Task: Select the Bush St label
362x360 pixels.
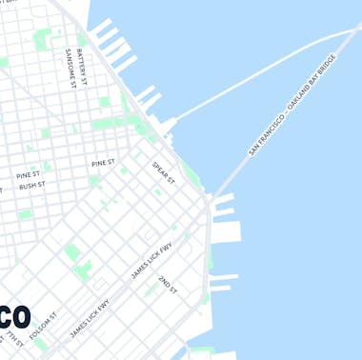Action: pos(32,187)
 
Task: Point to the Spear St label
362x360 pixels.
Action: pos(163,173)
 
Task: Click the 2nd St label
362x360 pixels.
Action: pos(168,283)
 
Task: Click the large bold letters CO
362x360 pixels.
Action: pos(15,317)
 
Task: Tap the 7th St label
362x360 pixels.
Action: pos(12,341)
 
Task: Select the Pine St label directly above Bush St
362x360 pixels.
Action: pos(29,175)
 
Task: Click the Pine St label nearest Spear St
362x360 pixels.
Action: pos(104,164)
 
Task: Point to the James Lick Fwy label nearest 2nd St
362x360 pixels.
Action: pos(152,260)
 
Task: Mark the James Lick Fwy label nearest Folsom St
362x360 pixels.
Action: pos(90,319)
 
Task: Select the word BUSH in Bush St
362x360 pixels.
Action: pos(28,188)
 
